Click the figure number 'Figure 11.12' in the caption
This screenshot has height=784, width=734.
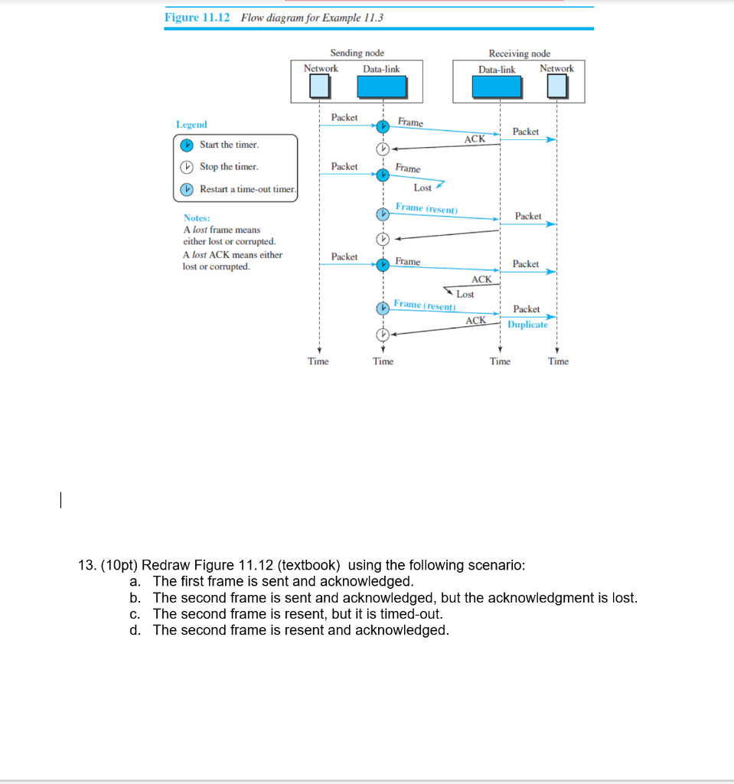tap(197, 18)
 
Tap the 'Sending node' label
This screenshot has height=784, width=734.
tap(357, 53)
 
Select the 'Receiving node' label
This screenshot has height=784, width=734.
tap(519, 53)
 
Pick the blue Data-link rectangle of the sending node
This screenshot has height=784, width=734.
tap(382, 87)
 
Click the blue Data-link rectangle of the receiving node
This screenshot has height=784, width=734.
tap(497, 87)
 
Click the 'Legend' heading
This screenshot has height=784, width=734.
tap(191, 124)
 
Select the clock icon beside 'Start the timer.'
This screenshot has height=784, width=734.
tap(187, 145)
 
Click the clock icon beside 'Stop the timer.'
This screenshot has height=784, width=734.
tap(187, 167)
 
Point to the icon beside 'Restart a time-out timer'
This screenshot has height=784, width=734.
tap(187, 189)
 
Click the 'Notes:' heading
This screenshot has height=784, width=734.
tap(197, 218)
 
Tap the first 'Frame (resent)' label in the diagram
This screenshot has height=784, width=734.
tap(426, 207)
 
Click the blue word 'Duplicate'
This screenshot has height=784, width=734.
tap(527, 325)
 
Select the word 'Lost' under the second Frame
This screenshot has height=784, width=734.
tap(422, 188)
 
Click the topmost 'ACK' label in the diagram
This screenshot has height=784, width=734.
tap(475, 139)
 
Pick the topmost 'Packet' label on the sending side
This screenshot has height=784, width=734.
tap(344, 117)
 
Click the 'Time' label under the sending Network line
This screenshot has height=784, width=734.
tap(318, 361)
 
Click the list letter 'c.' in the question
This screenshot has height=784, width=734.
tap(135, 614)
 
